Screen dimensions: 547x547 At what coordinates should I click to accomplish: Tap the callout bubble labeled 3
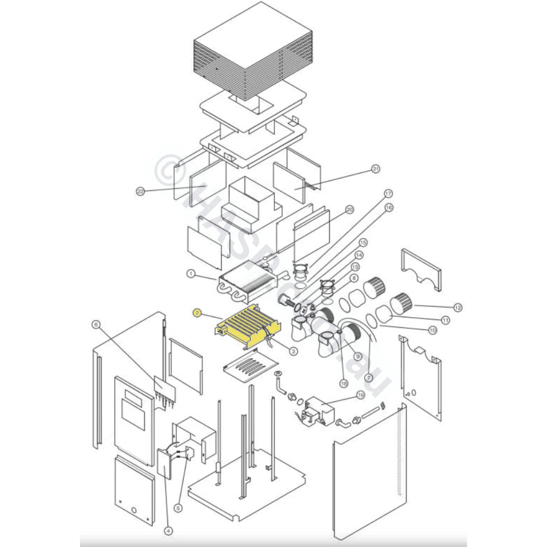tap(293, 350)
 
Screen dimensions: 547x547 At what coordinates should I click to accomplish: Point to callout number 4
tap(168, 531)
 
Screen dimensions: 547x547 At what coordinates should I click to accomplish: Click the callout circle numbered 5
tap(178, 507)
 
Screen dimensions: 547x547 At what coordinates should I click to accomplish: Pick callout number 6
tap(95, 324)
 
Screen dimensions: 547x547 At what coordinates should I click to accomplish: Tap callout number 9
tap(358, 356)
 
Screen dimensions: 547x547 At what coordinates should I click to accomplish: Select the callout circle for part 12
tap(458, 308)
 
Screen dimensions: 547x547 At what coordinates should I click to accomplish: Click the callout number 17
tap(388, 194)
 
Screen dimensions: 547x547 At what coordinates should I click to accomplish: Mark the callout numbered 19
tap(360, 395)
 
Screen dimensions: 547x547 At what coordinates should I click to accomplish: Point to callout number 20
tap(350, 209)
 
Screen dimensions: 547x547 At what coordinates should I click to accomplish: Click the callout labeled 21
tap(375, 169)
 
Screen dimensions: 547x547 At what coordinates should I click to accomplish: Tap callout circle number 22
tap(140, 191)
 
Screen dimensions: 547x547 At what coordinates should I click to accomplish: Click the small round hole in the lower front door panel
tap(134, 511)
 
